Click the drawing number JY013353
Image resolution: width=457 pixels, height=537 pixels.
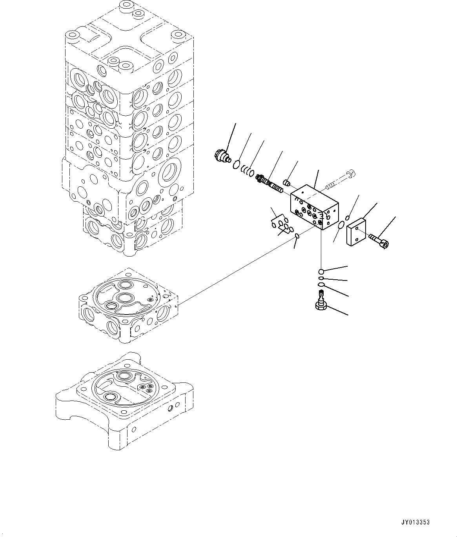(415, 522)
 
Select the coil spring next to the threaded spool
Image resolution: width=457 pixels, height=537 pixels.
(247, 170)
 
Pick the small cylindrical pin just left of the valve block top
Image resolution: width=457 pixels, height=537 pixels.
(287, 182)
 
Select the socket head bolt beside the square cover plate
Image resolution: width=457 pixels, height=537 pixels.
(378, 240)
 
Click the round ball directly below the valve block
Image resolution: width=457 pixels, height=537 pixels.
(321, 271)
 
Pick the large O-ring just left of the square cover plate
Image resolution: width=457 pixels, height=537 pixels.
(342, 225)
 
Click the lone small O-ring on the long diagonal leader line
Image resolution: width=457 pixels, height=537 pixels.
(297, 236)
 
